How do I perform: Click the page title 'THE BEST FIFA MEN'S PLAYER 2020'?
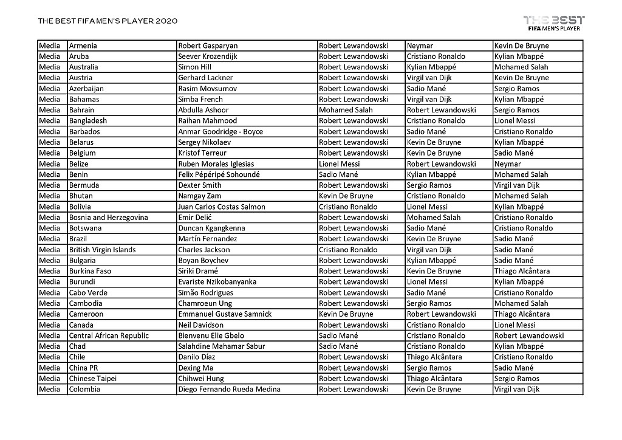[108, 21]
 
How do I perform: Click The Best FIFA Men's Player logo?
[553, 22]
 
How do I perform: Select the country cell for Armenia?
[83, 46]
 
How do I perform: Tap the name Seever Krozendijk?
[208, 57]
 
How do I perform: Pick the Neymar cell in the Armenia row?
[420, 46]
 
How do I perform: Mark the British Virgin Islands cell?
[102, 250]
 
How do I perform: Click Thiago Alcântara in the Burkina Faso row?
[522, 271]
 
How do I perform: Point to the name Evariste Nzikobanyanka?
[217, 282]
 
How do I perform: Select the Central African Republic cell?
[109, 335]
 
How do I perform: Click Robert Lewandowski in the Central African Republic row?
[528, 335]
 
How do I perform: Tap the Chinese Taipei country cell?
[92, 379]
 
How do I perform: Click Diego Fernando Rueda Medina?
[229, 390]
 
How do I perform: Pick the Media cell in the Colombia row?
[50, 390]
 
